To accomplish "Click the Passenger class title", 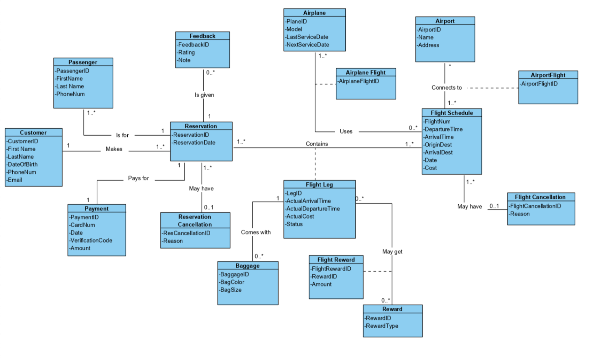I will pos(83,62).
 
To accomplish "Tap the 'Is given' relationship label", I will pos(204,95).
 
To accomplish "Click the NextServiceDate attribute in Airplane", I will pos(307,45).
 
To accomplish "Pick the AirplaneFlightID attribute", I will pos(359,81).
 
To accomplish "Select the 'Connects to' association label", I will pos(446,88).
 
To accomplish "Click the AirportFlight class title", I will pos(548,75).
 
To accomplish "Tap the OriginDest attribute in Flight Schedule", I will pos(438,145).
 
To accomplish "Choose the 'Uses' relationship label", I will pos(346,131).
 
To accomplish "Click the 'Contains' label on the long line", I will pos(317,144).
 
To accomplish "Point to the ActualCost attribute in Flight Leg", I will pos(300,216).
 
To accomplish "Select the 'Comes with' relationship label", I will pos(256,232).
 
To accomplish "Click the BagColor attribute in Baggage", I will pos(232,282).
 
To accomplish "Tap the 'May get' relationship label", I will pos(392,252).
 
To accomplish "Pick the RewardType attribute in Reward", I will pos(382,326).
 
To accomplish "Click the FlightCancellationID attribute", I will pos(535,206).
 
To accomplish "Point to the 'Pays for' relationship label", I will pos(138,178).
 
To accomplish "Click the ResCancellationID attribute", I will pos(186,233).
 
